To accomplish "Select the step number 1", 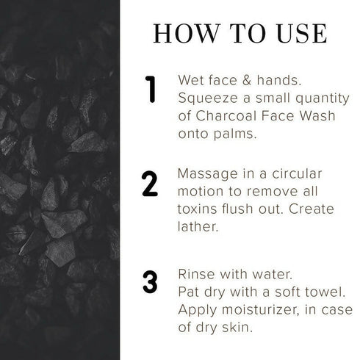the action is pyautogui.click(x=151, y=89).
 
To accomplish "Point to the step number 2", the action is pyautogui.click(x=150, y=184).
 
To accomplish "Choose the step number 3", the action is pyautogui.click(x=150, y=281).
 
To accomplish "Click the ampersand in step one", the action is pyautogui.click(x=247, y=80).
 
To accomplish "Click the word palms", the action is pyautogui.click(x=235, y=134).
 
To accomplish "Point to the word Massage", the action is pyautogui.click(x=207, y=174).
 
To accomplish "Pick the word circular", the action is pyautogui.click(x=297, y=173).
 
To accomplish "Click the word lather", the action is pyautogui.click(x=198, y=226).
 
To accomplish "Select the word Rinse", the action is pyautogui.click(x=197, y=274).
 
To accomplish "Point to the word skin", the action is pyautogui.click(x=237, y=327).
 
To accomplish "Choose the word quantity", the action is pyautogui.click(x=323, y=98).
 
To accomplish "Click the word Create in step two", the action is pyautogui.click(x=311, y=209).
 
